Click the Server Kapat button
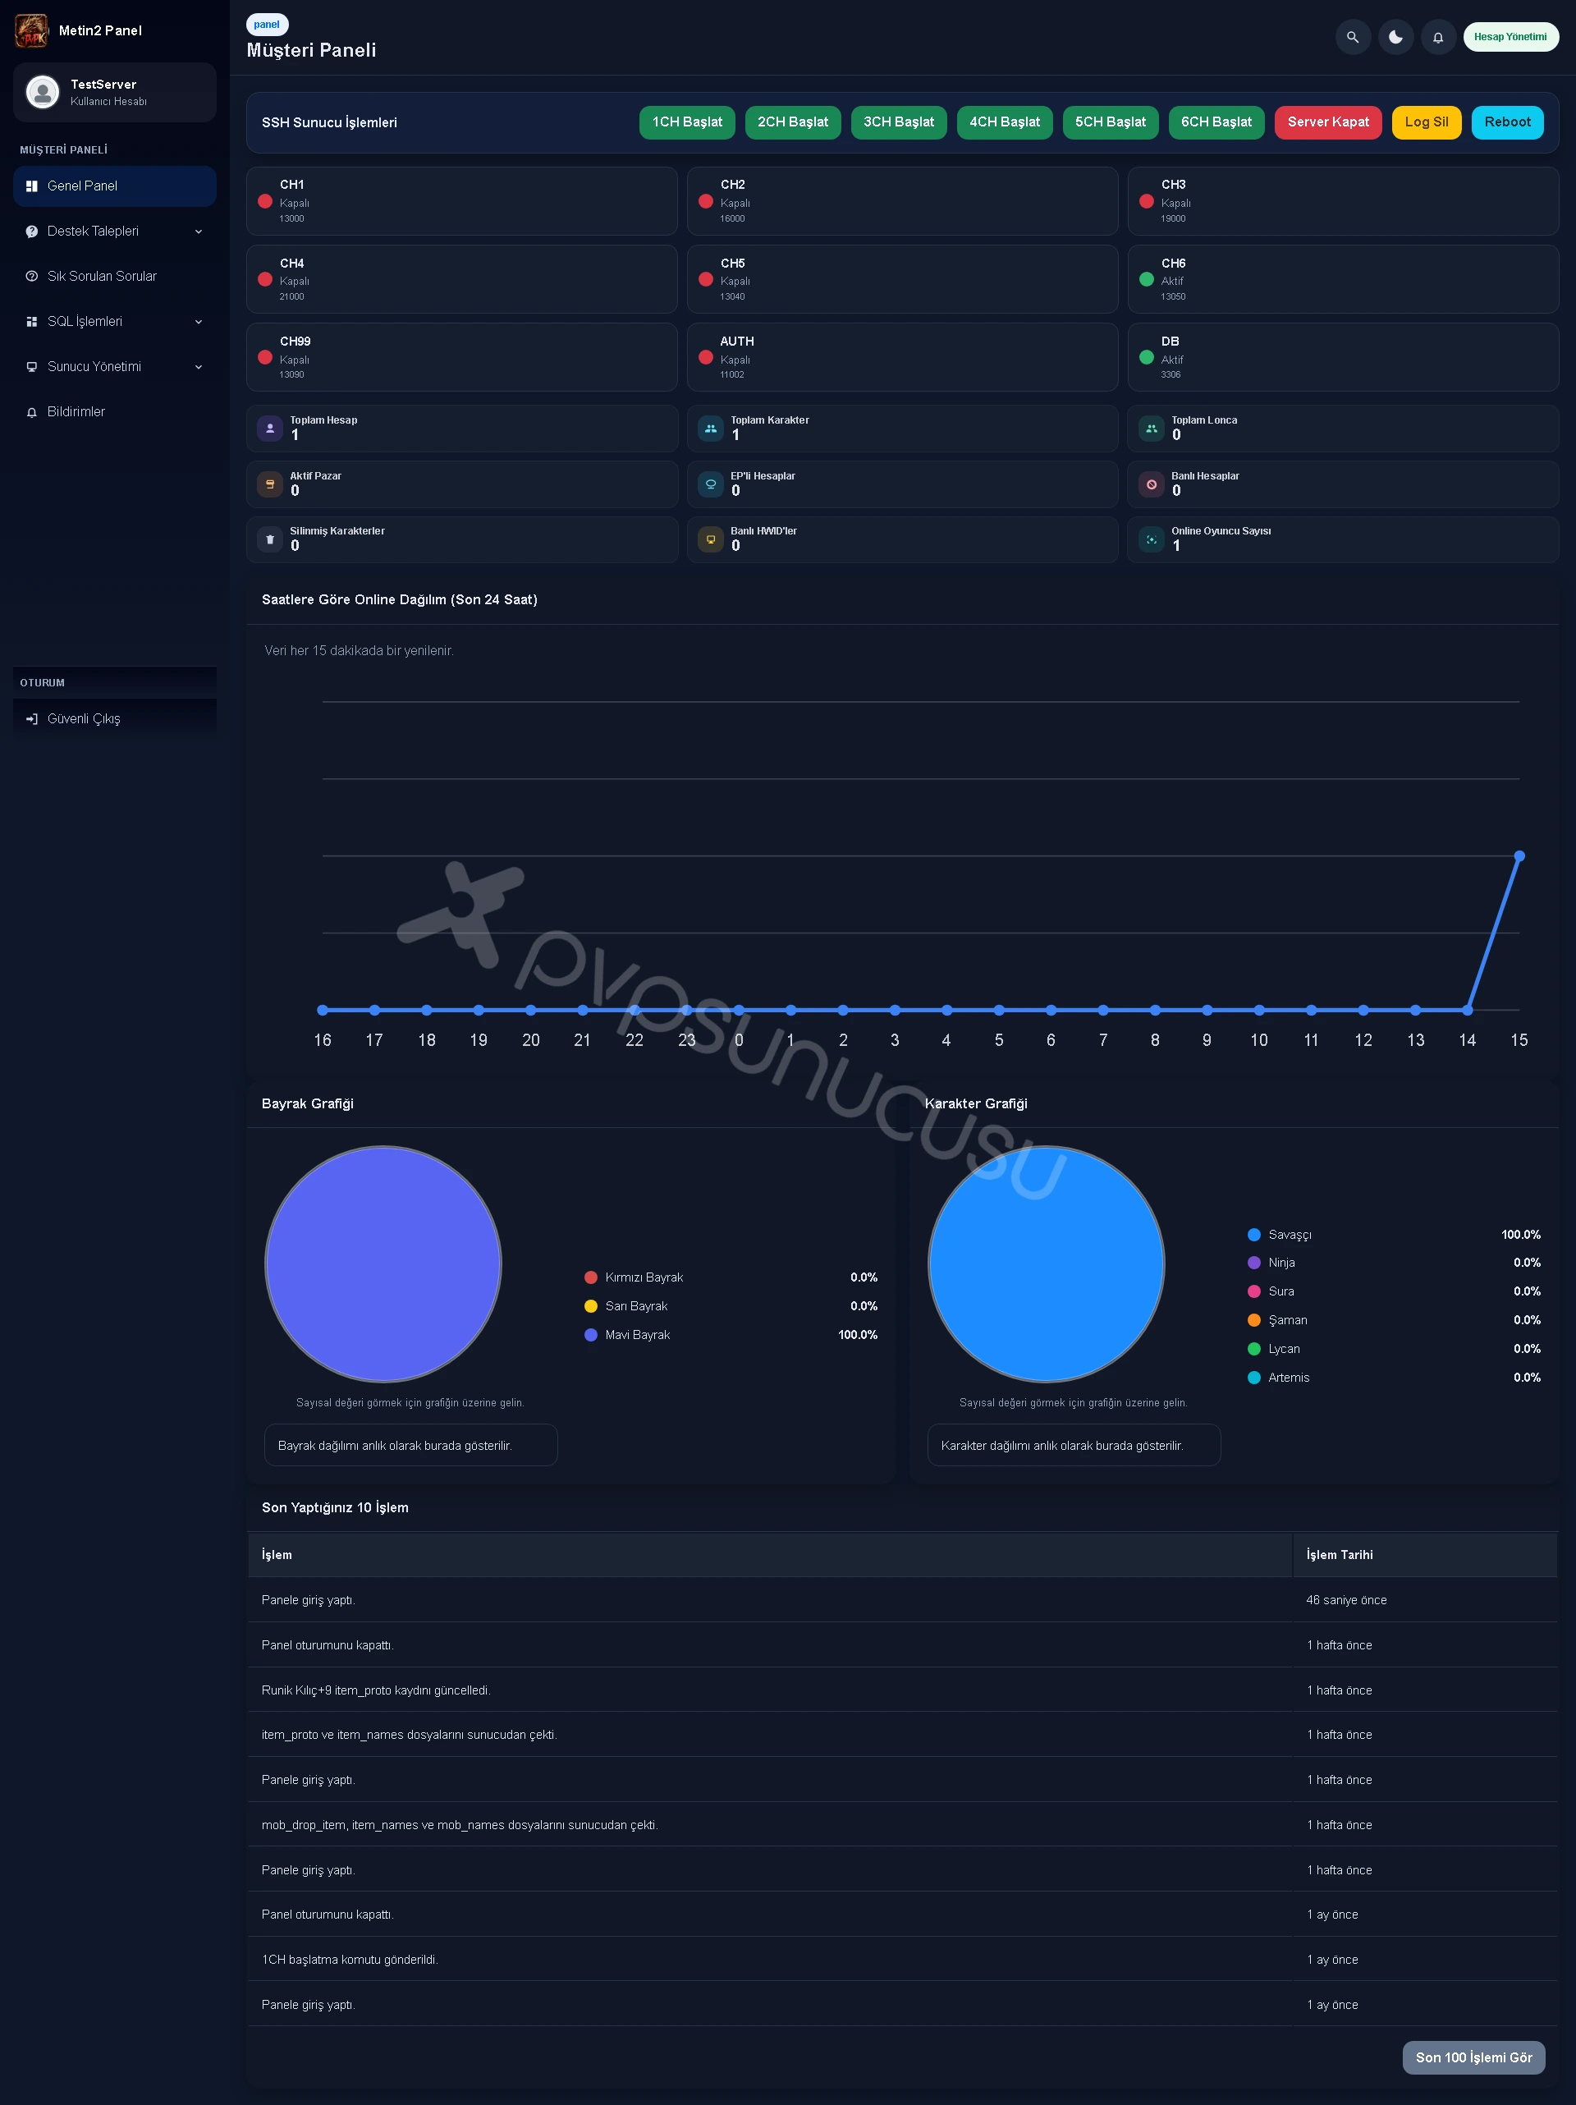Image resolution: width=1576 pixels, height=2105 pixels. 1327,122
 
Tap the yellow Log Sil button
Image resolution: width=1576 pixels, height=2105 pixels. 1426,122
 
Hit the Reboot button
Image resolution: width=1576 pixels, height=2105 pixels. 1508,122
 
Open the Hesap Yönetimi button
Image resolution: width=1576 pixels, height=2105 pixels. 1510,37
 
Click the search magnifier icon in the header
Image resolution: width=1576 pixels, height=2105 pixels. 1353,37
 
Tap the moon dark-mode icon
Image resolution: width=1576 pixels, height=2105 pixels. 1395,37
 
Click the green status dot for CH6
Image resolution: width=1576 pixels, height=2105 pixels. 1147,279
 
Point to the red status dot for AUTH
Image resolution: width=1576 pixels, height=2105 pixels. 706,357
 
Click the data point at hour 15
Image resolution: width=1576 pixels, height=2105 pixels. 1519,856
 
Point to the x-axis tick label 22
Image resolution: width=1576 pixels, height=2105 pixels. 635,1040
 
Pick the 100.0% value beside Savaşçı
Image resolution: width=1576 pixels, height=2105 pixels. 1521,1234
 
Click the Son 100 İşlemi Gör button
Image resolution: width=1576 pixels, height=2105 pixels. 1473,2057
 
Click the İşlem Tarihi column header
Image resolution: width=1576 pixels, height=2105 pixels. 1339,1555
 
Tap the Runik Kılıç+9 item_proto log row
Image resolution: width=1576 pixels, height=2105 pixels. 376,1690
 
